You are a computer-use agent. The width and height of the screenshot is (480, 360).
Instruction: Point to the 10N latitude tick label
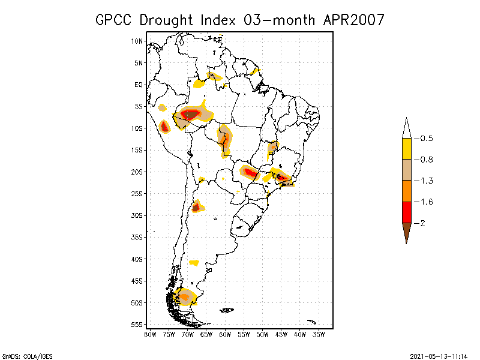pos(137,41)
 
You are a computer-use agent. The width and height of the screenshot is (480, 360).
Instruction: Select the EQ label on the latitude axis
pos(139,85)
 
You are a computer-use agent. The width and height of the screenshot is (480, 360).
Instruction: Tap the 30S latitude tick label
pos(137,215)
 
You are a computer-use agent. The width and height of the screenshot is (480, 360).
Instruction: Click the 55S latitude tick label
pos(137,325)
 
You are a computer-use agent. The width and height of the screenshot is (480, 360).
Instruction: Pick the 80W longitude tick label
pos(150,334)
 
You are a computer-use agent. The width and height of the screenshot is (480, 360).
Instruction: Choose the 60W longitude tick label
pos(225,334)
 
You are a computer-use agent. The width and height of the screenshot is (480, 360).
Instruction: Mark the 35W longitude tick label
pos(319,334)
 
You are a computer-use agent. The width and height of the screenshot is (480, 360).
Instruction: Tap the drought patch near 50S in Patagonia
pos(185,296)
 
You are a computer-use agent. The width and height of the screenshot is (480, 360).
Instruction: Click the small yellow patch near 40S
pos(194,263)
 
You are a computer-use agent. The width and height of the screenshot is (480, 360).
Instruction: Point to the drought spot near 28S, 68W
pos(196,208)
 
